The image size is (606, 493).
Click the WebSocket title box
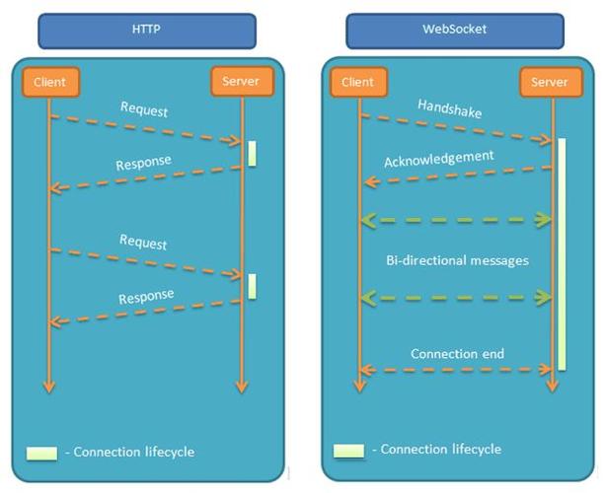(455, 30)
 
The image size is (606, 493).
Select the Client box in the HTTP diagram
(49, 82)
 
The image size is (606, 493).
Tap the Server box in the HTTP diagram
(240, 81)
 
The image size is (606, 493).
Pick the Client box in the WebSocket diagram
(358, 82)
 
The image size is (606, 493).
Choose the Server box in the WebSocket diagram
(550, 82)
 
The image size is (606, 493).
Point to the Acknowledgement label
(438, 157)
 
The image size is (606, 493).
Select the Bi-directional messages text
(457, 260)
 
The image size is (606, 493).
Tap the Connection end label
(457, 353)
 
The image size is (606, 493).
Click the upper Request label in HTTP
(143, 107)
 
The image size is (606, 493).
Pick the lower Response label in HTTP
(146, 296)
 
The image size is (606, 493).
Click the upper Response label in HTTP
(144, 161)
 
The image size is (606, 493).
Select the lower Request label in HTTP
(143, 243)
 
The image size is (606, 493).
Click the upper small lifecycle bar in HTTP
(253, 153)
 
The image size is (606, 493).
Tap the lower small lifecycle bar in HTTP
(253, 286)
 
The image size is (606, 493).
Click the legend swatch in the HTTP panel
(41, 453)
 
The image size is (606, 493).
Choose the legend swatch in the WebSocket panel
(348, 451)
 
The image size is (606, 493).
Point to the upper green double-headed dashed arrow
(457, 219)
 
